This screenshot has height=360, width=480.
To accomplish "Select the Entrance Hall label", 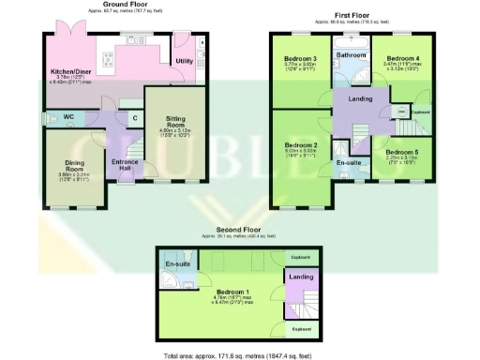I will (x=125, y=165).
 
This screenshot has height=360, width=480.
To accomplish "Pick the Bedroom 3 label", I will (x=301, y=58).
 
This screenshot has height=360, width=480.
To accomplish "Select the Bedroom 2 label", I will (x=302, y=146).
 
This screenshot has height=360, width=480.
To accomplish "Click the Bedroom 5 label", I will (x=401, y=152).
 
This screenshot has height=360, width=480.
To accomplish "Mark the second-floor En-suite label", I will (x=178, y=266).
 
